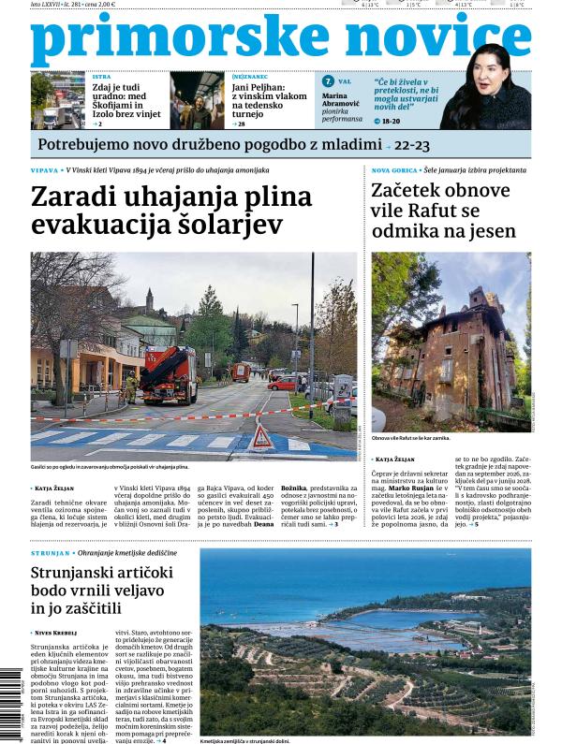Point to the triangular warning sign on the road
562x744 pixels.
pos(262,437)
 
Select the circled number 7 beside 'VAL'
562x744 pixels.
pos(328,81)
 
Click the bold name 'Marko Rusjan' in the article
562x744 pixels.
pos(413,487)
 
